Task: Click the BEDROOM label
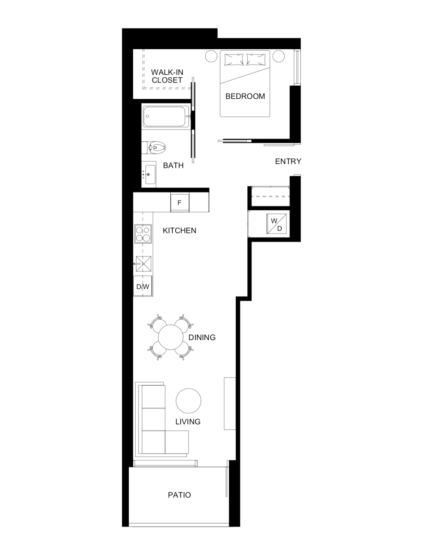tap(245, 96)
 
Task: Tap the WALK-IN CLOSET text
tap(167, 76)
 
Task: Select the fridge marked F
tap(180, 202)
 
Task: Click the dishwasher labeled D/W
tap(143, 286)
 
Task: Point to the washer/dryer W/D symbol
tap(276, 224)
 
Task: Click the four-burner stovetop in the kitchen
tap(143, 234)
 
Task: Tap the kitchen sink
tap(143, 264)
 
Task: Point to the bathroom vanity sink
tap(149, 174)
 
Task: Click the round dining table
tap(171, 337)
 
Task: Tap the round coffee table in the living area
tap(188, 401)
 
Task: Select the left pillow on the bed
tap(234, 60)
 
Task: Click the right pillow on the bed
tap(256, 60)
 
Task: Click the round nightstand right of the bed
tap(279, 56)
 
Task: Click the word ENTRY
tap(288, 161)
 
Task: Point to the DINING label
tap(202, 337)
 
